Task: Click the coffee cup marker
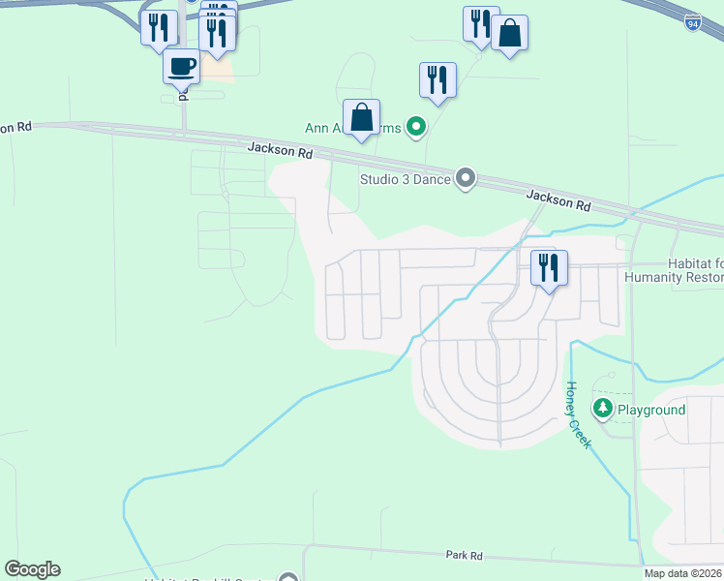pos(182,68)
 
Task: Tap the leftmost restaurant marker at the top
pos(159,27)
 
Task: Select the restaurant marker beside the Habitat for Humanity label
pos(549,267)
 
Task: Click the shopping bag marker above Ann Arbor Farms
pos(361,118)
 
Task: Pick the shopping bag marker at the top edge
pos(509,34)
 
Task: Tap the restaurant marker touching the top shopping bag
pos(479,23)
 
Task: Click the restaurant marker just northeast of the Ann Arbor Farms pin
pos(437,80)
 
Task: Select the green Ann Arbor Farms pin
pos(416,126)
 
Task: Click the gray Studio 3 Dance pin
pos(466,178)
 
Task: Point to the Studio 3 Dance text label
pos(405,179)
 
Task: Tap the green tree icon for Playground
pos(603,410)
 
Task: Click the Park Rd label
pos(464,556)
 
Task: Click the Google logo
pos(32,569)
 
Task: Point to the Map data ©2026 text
pos(683,573)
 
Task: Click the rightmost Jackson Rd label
pos(558,201)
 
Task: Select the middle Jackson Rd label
pos(281,151)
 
